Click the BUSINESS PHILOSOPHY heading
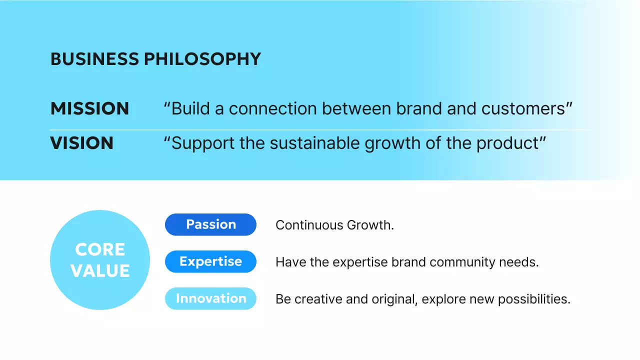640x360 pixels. pos(155,59)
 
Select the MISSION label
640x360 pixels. pos(89,108)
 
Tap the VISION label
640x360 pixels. pos(81,143)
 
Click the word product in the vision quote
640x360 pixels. pos(507,143)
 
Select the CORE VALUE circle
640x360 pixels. pos(100,260)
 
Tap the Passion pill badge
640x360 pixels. pos(210,224)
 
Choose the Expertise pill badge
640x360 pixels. pos(210,261)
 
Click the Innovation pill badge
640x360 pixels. pos(210,298)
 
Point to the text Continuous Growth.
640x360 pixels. pos(334,225)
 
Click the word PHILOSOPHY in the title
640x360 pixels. pos(202,59)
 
